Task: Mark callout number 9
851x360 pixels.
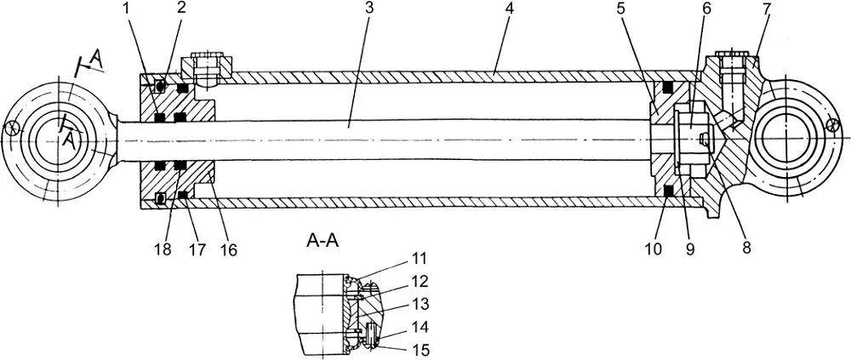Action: pyautogui.click(x=688, y=249)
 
